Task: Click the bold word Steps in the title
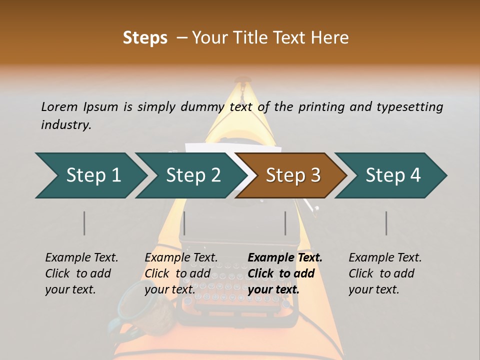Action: point(145,37)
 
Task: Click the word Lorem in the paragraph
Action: point(59,106)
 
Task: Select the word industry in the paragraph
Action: point(65,124)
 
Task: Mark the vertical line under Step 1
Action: point(84,223)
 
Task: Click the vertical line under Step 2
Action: point(184,223)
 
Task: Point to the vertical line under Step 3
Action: point(285,223)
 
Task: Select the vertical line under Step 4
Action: point(386,223)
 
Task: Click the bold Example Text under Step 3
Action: point(285,257)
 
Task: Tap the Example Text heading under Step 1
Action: point(81,257)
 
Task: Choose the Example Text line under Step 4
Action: point(385,257)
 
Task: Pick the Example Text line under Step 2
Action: point(181,257)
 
